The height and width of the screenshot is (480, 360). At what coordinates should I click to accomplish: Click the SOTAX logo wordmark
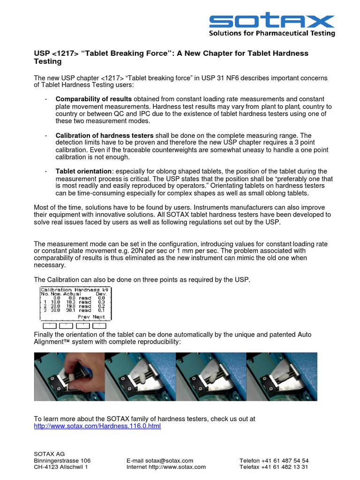point(272,21)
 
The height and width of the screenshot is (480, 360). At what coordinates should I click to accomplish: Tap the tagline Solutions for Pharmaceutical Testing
point(272,33)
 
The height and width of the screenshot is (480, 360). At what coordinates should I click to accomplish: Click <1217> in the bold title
point(65,53)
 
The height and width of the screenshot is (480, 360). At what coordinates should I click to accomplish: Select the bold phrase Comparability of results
point(94,99)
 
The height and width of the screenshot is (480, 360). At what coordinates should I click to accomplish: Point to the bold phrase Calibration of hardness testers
point(105,135)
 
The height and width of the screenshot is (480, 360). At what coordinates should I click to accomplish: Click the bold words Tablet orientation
point(83,171)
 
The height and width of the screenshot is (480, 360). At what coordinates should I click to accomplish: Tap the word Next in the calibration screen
point(99,317)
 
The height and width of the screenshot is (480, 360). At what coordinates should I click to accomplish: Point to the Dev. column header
point(102,294)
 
